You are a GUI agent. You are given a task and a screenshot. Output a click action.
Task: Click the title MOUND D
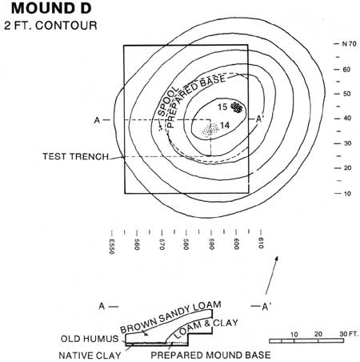pyautogui.click(x=51, y=8)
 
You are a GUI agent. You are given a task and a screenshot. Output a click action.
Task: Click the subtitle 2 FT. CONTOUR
pyautogui.click(x=50, y=26)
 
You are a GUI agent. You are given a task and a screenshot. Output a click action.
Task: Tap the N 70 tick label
pyautogui.click(x=349, y=43)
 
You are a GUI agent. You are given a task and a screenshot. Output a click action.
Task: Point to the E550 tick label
pyautogui.click(x=112, y=246)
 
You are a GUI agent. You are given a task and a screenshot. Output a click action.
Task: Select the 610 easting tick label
pyautogui.click(x=261, y=243)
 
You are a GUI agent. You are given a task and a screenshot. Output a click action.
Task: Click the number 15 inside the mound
pyautogui.click(x=222, y=107)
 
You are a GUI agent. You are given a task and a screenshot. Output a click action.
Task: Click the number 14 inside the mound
pyautogui.click(x=225, y=125)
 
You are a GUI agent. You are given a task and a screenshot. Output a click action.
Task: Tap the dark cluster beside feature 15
pyautogui.click(x=236, y=107)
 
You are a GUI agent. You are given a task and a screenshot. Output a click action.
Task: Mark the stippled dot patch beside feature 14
pyautogui.click(x=210, y=130)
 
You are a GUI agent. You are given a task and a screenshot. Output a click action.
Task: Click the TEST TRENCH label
pyautogui.click(x=76, y=156)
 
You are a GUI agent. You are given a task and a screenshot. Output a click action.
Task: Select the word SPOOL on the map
pyautogui.click(x=168, y=102)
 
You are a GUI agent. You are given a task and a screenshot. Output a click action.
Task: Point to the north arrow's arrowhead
pyautogui.click(x=277, y=258)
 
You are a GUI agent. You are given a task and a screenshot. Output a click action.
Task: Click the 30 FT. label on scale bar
pyautogui.click(x=349, y=334)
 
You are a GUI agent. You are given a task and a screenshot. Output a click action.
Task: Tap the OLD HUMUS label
pyautogui.click(x=90, y=339)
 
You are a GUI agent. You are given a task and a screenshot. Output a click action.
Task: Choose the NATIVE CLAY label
pyautogui.click(x=90, y=356)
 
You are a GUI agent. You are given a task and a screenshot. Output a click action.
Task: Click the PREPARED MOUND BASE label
pyautogui.click(x=210, y=355)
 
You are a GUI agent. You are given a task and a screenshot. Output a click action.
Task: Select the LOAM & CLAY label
pyautogui.click(x=206, y=328)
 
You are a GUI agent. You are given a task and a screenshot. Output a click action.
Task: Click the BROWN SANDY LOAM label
pyautogui.click(x=170, y=317)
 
